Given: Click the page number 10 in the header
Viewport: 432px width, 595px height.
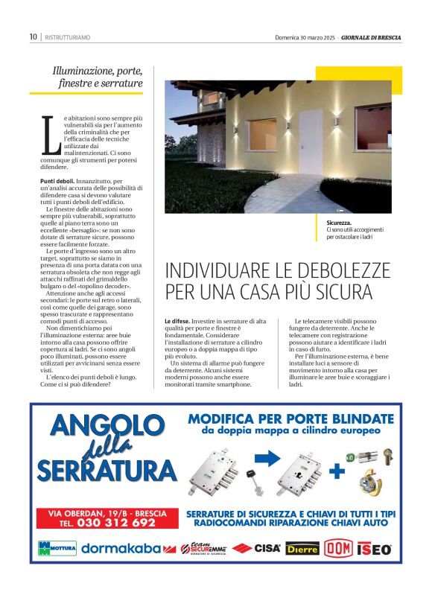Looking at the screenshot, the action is tap(34, 36).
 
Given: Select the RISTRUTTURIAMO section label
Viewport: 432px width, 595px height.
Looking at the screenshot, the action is tap(68, 36).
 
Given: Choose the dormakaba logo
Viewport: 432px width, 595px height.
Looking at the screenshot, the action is tap(121, 548).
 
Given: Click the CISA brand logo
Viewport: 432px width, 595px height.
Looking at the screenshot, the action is tap(256, 548).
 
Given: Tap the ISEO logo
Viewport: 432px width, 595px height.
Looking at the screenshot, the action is tap(374, 548).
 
